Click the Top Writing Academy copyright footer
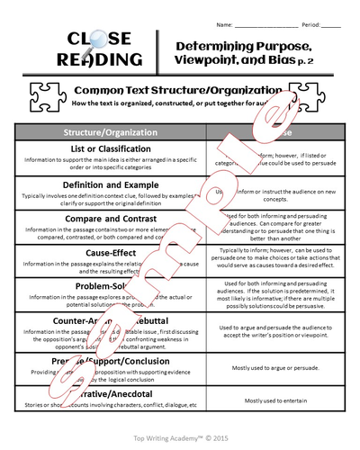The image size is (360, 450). tap(180, 434)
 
